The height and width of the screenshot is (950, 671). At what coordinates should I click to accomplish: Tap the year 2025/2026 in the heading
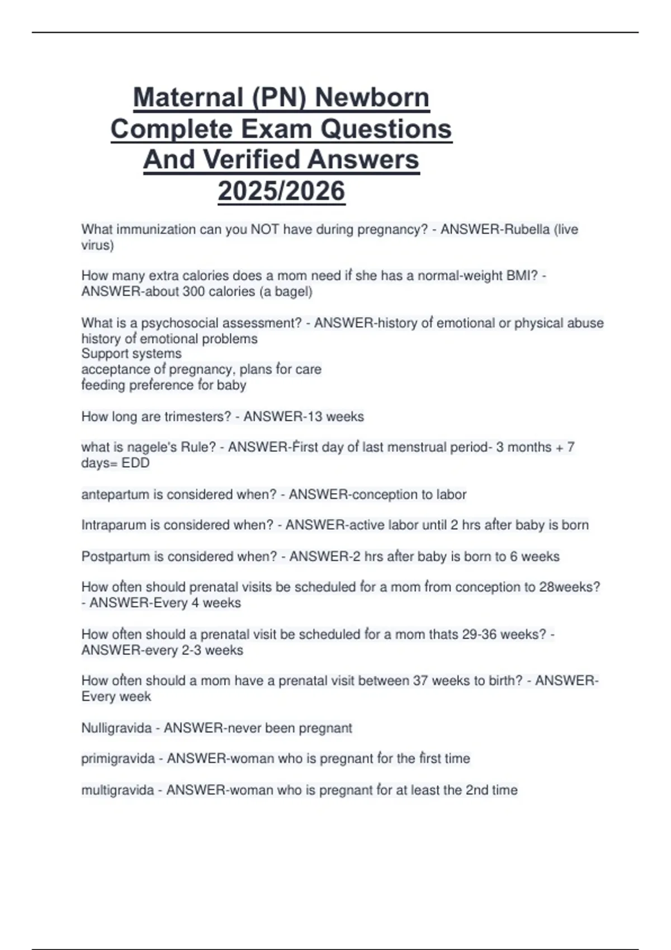coord(281,191)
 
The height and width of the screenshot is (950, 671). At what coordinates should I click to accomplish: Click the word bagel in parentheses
coord(291,292)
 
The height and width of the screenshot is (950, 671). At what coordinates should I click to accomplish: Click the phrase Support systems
coord(131,354)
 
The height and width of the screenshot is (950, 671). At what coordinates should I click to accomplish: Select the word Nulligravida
coord(116,728)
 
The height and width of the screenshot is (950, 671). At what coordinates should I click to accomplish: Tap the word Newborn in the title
coord(372,98)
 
